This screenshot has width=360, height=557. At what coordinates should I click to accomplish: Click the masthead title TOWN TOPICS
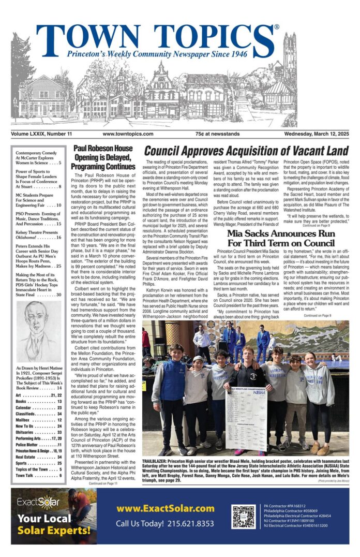(155, 37)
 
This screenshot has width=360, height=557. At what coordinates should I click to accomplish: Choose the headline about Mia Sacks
(281, 238)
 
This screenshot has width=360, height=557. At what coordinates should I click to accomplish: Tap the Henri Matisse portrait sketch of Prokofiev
(38, 331)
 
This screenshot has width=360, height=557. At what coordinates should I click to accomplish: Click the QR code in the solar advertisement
(243, 516)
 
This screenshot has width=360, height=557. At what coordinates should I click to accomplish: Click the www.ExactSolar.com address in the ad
(165, 508)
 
